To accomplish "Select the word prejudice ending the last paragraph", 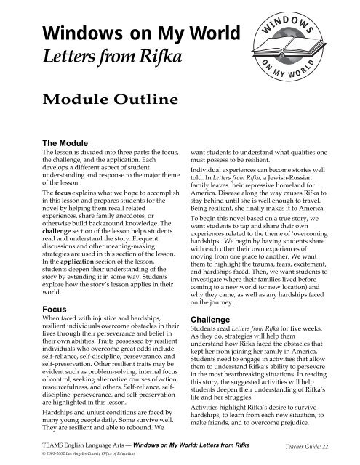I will (308, 412).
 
